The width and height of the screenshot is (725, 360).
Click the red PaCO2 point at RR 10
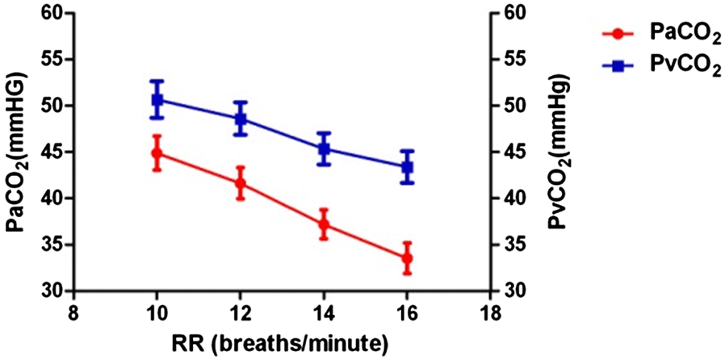point(157,153)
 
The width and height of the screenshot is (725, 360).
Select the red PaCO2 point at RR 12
point(240,183)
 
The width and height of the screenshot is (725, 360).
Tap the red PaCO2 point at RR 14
point(324,224)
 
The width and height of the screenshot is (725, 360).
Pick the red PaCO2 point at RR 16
point(407,259)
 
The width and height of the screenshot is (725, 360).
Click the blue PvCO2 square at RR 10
point(157,100)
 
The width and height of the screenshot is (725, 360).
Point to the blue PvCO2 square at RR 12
point(240,119)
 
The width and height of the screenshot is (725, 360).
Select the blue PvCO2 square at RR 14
point(324,149)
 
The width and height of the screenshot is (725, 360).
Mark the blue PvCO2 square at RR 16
point(407,167)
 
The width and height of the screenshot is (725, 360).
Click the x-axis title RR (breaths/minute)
point(282,344)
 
